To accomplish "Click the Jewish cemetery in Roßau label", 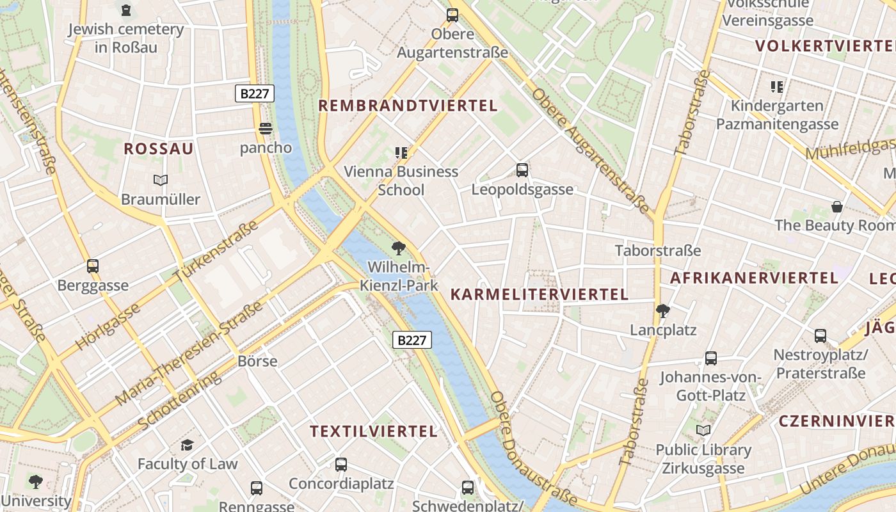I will tap(125, 38).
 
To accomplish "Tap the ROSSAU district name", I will tap(158, 149).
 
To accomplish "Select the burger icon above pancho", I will tap(266, 129).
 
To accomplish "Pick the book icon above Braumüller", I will tap(161, 180).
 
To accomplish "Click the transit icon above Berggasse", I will tap(93, 266).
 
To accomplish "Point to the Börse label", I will tap(257, 361).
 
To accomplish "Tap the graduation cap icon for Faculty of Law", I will tap(188, 445).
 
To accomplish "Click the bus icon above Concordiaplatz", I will tap(341, 465).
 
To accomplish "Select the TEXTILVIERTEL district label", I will tap(374, 431).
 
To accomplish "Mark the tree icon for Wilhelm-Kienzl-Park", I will tap(399, 248).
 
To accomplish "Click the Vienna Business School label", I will tap(401, 180).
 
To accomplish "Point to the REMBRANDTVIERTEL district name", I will tap(408, 106).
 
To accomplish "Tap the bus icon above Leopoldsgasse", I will tap(522, 170).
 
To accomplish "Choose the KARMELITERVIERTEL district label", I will tap(540, 294).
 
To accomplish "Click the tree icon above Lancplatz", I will tap(662, 311).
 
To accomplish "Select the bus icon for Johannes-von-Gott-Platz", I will tap(710, 358).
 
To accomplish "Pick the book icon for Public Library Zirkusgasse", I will tap(703, 431).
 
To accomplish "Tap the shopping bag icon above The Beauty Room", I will tap(836, 207).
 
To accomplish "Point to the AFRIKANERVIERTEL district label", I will tap(753, 278).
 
